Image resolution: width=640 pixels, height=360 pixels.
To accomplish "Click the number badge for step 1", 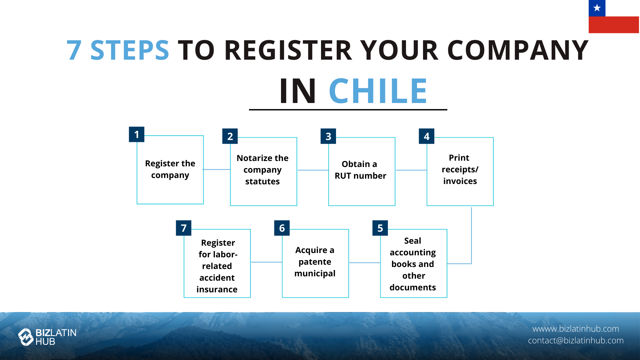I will [x=137, y=134].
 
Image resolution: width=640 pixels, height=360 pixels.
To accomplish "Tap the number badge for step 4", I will [x=426, y=136].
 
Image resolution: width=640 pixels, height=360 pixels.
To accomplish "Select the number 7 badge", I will [x=183, y=228].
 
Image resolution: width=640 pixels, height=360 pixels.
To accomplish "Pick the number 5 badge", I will [x=380, y=228].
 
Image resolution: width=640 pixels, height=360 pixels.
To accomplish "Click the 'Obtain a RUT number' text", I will [x=360, y=170].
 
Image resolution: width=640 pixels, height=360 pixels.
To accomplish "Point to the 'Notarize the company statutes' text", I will [x=263, y=170].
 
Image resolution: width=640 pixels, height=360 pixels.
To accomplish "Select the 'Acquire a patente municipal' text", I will [x=315, y=262].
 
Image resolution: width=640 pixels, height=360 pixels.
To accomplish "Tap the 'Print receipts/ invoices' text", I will [x=460, y=169].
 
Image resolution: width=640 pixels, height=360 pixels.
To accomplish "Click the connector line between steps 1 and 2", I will [x=217, y=170].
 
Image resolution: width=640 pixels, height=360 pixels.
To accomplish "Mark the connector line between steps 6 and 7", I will [x=266, y=262].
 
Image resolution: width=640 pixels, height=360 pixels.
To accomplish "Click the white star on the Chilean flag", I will [x=597, y=8].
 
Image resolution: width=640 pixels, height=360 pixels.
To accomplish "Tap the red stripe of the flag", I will [x=614, y=25].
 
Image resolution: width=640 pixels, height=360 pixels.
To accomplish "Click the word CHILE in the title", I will [x=378, y=91].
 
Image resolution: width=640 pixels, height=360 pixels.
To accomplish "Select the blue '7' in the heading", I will [x=74, y=50].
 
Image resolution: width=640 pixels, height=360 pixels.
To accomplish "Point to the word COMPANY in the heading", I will [x=518, y=50].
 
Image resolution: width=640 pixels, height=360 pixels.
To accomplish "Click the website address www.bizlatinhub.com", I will [x=576, y=329].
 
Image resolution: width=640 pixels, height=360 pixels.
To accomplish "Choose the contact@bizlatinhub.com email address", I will [x=576, y=340].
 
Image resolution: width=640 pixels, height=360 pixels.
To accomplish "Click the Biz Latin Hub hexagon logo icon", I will [x=26, y=337].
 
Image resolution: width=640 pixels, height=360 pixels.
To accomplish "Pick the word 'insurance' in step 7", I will [x=217, y=289].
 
